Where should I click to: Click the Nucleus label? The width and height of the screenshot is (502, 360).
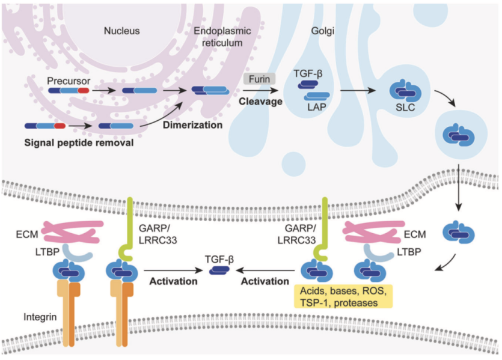coord(123,30)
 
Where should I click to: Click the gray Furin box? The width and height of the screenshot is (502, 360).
coord(259,78)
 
